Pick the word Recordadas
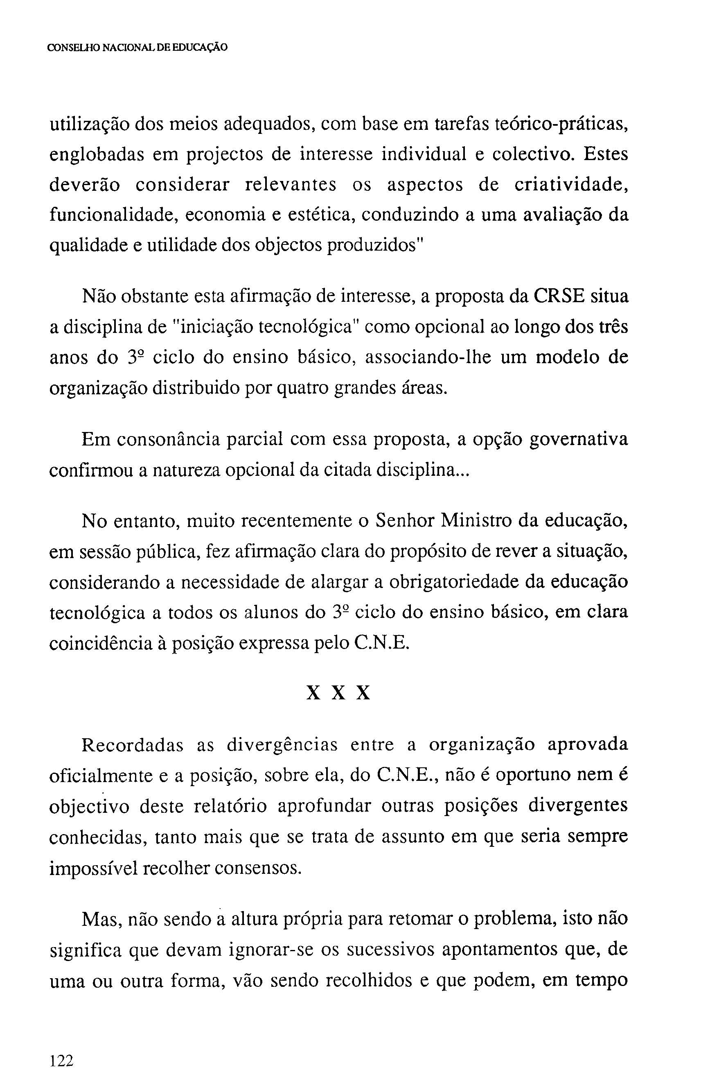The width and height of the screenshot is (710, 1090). tap(132, 745)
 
